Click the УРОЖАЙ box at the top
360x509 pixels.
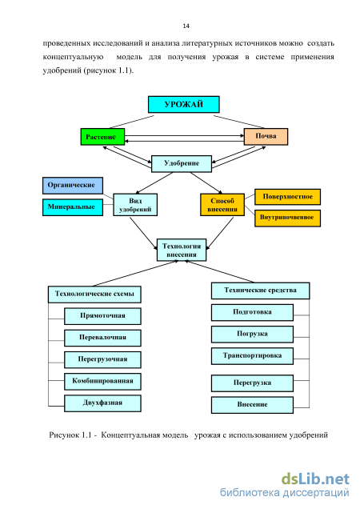[x=184, y=104]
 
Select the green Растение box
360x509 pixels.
[x=102, y=137]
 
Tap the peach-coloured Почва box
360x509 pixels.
[x=266, y=136]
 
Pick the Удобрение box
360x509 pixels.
[x=182, y=163]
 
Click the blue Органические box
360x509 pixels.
[x=73, y=186]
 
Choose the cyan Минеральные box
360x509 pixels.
[x=73, y=207]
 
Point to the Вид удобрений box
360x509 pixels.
[x=135, y=205]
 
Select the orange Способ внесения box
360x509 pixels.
[x=222, y=205]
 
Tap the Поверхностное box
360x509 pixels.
[x=288, y=197]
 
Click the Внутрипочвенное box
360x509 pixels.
[x=288, y=218]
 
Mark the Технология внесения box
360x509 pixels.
[x=182, y=250]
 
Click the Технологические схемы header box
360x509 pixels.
[x=94, y=295]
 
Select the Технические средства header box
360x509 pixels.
[x=260, y=291]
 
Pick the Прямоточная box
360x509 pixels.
[x=102, y=316]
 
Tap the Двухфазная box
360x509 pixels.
[x=102, y=403]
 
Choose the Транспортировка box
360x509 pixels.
[x=252, y=356]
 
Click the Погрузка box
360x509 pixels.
[x=252, y=335]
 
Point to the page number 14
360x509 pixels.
[x=186, y=26]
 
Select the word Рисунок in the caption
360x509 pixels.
[x=64, y=435]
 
